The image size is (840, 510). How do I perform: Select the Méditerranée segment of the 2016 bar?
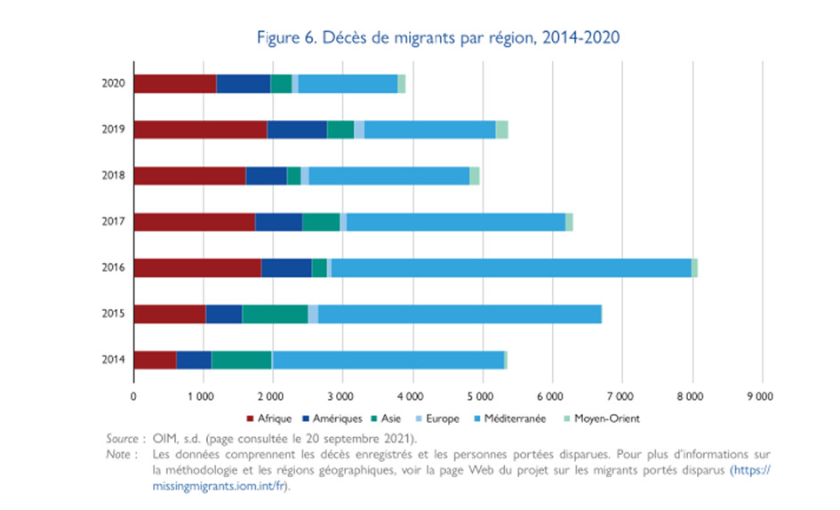coord(511,267)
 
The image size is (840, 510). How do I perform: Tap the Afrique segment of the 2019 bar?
coord(200,130)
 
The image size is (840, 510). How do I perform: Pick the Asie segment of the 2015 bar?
coord(275,314)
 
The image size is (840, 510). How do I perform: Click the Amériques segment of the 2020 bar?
coord(243,84)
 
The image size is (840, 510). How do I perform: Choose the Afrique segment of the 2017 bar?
coord(194,222)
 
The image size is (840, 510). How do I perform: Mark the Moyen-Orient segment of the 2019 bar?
coord(501,130)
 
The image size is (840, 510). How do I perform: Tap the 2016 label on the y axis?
coord(112,267)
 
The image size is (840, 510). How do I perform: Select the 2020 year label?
coord(112,84)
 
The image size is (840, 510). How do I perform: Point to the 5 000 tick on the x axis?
coord(482,396)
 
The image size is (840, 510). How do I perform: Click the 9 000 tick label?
coord(761,396)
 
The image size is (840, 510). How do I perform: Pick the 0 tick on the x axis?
coord(133,396)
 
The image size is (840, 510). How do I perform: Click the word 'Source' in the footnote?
coord(122,438)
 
